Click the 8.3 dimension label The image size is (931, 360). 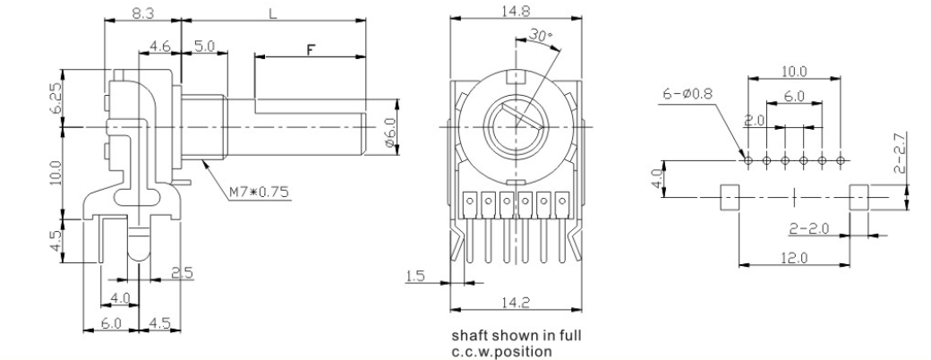click(x=142, y=13)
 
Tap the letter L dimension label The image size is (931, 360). click(x=273, y=13)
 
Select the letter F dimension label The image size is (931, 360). click(x=311, y=50)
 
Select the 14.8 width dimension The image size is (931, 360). click(x=516, y=10)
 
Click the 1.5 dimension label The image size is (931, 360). click(x=415, y=276)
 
